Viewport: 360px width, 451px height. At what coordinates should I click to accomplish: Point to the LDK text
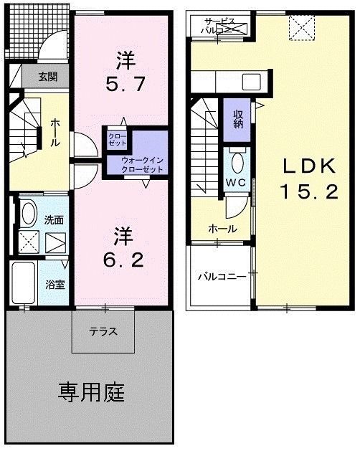(x=308, y=166)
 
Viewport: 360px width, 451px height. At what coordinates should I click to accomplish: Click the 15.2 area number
(x=308, y=193)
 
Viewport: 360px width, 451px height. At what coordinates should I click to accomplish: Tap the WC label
(x=237, y=183)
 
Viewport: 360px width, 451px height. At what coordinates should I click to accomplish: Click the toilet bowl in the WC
(x=237, y=159)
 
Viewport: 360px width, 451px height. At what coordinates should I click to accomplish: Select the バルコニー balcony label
(x=222, y=275)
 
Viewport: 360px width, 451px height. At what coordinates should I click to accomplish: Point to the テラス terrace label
(x=103, y=331)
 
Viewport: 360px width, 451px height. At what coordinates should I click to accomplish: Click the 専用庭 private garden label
(x=91, y=392)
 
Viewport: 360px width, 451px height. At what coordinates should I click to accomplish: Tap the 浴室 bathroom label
(x=56, y=283)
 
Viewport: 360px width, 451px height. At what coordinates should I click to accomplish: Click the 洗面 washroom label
(x=55, y=220)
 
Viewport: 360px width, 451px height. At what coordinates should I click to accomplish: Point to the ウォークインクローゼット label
(x=141, y=164)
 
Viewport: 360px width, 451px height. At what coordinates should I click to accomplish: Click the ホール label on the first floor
(x=55, y=134)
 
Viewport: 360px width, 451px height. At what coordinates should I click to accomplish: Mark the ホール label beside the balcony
(x=219, y=229)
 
